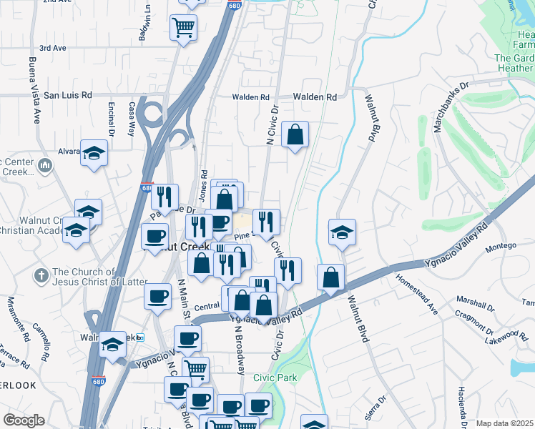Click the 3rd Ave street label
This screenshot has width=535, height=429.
52,48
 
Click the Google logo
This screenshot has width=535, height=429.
24,420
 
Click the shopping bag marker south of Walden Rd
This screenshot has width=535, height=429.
295,134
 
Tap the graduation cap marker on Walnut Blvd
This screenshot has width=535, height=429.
343,232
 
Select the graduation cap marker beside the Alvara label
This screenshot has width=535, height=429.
93,152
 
